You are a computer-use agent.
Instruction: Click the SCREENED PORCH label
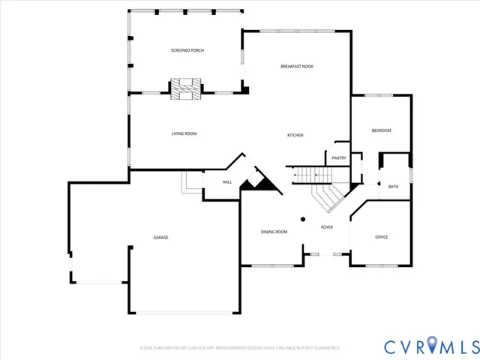(x=187, y=50)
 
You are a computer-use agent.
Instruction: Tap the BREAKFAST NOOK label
(x=297, y=67)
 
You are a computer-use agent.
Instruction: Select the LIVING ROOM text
(x=184, y=133)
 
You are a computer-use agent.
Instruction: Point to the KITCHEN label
(x=295, y=135)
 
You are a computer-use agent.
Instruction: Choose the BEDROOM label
(x=381, y=130)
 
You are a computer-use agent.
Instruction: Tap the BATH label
(x=393, y=186)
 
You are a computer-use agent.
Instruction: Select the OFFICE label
(x=381, y=237)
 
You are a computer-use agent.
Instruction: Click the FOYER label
(x=327, y=226)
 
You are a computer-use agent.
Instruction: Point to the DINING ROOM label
(x=274, y=232)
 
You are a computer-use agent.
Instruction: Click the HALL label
(x=226, y=182)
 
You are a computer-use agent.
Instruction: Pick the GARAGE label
(x=160, y=237)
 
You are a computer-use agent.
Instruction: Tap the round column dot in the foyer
(x=303, y=219)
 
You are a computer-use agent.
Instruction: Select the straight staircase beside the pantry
(x=311, y=175)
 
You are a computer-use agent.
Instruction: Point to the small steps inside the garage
(x=190, y=182)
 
